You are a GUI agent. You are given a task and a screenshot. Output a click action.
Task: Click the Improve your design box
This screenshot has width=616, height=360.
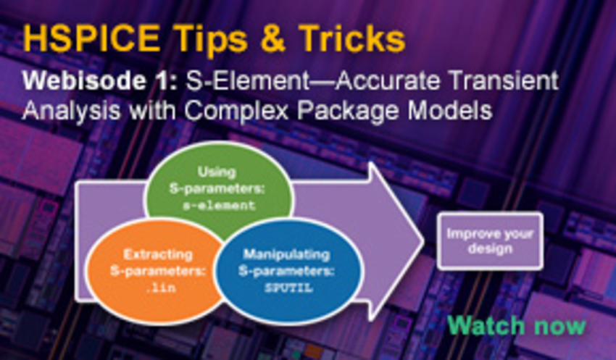pyautogui.click(x=489, y=242)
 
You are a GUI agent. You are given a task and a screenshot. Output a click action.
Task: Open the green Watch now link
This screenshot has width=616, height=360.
pyautogui.click(x=516, y=325)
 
